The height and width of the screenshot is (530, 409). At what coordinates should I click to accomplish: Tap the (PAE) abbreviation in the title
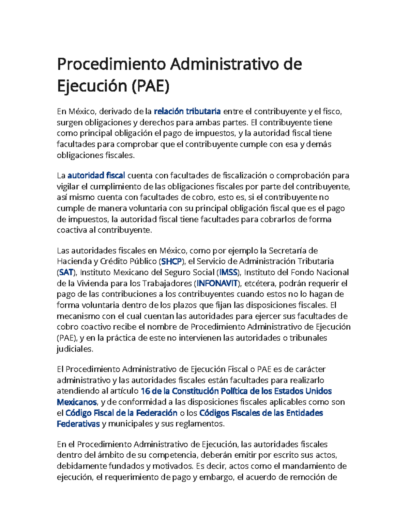(150, 86)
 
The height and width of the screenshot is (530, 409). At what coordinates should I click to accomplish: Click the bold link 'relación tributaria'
(187, 111)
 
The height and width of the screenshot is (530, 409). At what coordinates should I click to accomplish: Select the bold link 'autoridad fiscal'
(96, 175)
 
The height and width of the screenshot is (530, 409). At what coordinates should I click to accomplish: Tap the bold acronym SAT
(66, 272)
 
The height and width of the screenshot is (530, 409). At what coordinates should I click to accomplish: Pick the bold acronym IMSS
(228, 272)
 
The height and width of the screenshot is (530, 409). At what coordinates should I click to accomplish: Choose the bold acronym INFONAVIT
(217, 283)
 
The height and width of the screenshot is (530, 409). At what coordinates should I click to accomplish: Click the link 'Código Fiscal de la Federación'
(121, 413)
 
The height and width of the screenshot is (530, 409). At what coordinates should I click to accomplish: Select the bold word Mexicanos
(77, 402)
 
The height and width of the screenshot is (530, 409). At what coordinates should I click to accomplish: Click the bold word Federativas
(78, 424)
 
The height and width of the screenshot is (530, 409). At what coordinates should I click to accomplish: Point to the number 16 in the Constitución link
(145, 391)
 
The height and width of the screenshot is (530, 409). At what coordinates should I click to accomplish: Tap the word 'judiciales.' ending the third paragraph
(75, 349)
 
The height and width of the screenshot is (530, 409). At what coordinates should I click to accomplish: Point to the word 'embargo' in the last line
(216, 477)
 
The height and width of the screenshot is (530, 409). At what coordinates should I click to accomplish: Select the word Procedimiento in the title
(111, 64)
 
